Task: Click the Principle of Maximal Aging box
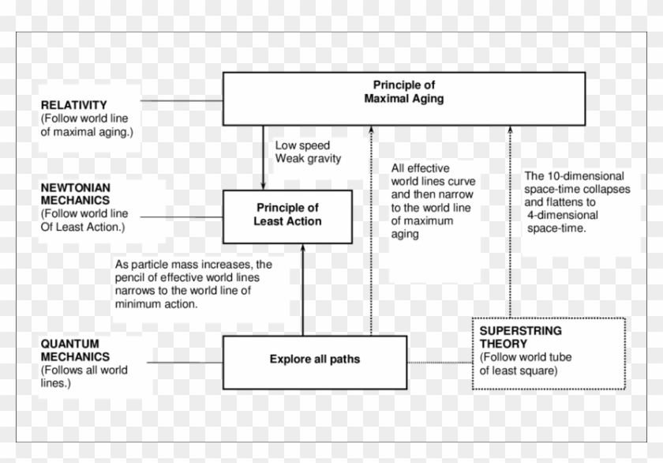pos(403,98)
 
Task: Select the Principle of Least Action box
pos(287,216)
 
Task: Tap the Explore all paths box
pos(314,359)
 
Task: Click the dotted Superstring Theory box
pos(548,352)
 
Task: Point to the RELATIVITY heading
pos(73,105)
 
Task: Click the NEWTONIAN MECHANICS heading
pos(76,194)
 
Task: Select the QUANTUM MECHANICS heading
pos(69,350)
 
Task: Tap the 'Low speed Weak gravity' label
pos(308,152)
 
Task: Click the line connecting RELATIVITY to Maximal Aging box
pos(182,100)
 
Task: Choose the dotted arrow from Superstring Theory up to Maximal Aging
pos(509,221)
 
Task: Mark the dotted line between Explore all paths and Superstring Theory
pos(440,363)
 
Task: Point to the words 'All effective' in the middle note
pos(420,168)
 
